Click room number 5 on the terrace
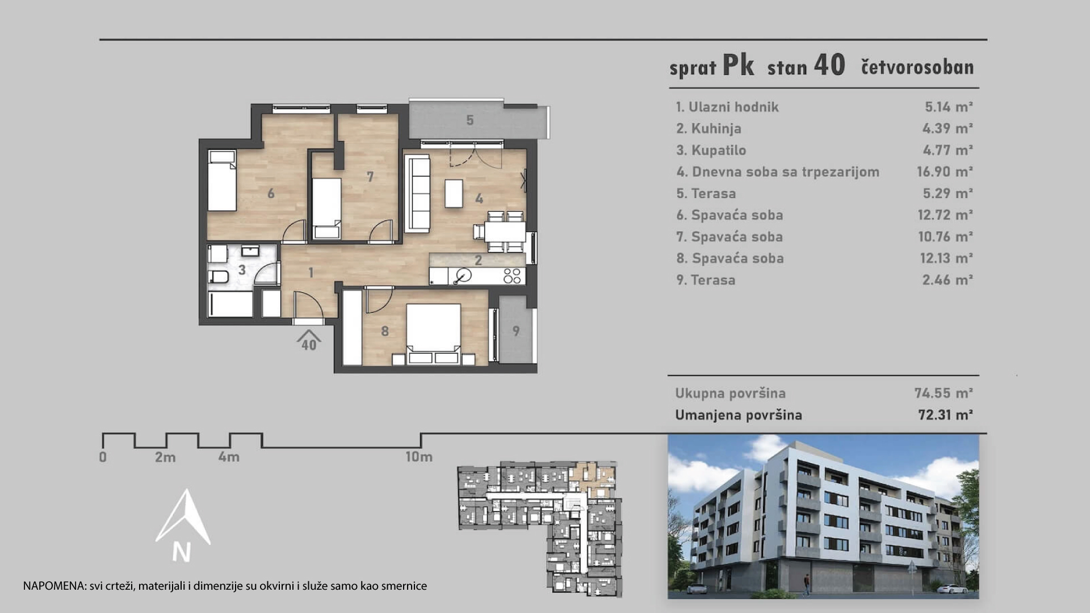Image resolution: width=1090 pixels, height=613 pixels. [x=469, y=120]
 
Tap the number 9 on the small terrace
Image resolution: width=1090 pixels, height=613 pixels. [x=515, y=331]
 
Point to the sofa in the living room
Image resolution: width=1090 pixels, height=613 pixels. [x=417, y=193]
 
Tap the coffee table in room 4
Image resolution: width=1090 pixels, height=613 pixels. [x=454, y=193]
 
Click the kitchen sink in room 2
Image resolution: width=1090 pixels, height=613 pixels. [x=463, y=276]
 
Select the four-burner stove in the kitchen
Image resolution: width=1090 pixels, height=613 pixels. [x=512, y=276]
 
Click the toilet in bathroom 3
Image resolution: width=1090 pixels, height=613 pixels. [x=219, y=276]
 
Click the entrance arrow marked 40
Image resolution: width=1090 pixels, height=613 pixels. [x=308, y=341]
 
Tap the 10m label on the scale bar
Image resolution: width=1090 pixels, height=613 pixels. [x=418, y=457]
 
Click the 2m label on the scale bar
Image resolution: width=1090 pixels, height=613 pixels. [x=165, y=457]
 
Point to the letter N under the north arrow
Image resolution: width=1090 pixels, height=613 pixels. [x=182, y=552]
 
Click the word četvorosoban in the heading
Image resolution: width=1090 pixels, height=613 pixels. [x=917, y=67]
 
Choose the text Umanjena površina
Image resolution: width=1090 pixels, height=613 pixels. [x=739, y=415]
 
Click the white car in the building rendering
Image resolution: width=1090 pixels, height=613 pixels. [x=952, y=589]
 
